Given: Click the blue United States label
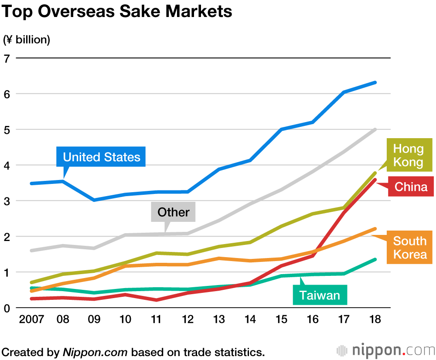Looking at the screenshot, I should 101,157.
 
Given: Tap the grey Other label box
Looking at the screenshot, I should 173,212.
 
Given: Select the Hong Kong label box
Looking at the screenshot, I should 408,155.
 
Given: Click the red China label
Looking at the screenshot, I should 411,187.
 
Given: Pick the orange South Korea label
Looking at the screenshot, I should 409,247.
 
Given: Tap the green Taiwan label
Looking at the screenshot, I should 320,295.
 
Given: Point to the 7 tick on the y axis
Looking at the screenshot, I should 7,58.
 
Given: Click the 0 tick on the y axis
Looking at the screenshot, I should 7,308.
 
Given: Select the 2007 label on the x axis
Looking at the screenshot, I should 32,319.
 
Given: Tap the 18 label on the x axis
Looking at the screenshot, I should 375,319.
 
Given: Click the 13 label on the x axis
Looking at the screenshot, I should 219,319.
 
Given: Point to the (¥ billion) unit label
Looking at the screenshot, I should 27,40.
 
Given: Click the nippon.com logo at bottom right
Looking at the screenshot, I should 385,350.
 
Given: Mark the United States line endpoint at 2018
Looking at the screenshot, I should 375,82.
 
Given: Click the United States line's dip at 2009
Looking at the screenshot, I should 94,200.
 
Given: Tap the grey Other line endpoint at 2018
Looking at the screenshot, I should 375,129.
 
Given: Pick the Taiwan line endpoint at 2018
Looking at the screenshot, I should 375,260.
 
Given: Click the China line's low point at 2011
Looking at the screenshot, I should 157,300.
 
